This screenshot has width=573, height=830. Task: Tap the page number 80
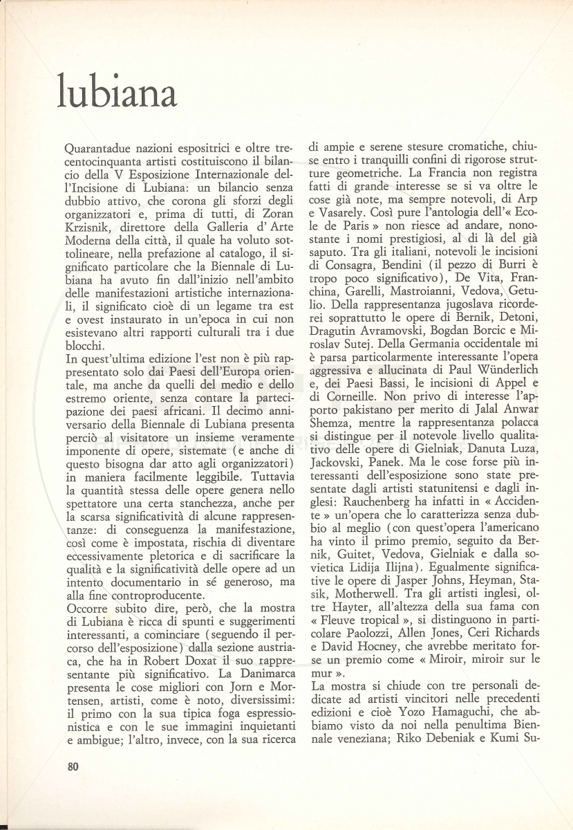[x=75, y=766]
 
